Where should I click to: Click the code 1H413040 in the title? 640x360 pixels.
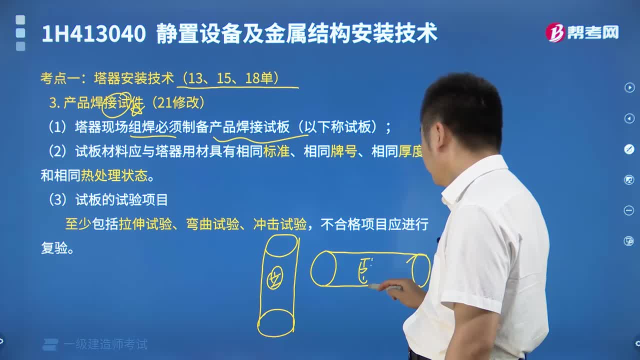93,34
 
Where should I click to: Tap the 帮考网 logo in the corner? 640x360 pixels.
582,33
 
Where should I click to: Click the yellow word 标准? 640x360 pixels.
276,151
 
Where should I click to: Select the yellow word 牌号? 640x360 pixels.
344,151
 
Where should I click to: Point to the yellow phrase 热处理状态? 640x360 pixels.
114,175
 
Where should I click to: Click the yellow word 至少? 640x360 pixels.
77,224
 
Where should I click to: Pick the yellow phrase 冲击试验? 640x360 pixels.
280,224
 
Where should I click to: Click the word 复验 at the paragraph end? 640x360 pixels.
54,248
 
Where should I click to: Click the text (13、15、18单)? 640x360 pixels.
231,78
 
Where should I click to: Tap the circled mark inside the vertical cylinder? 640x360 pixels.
274,277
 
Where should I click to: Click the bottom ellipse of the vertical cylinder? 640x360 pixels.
276,323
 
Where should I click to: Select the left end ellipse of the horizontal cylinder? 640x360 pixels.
323,269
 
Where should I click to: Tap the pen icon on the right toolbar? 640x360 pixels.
629,149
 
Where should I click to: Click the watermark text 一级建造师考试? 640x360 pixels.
105,344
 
